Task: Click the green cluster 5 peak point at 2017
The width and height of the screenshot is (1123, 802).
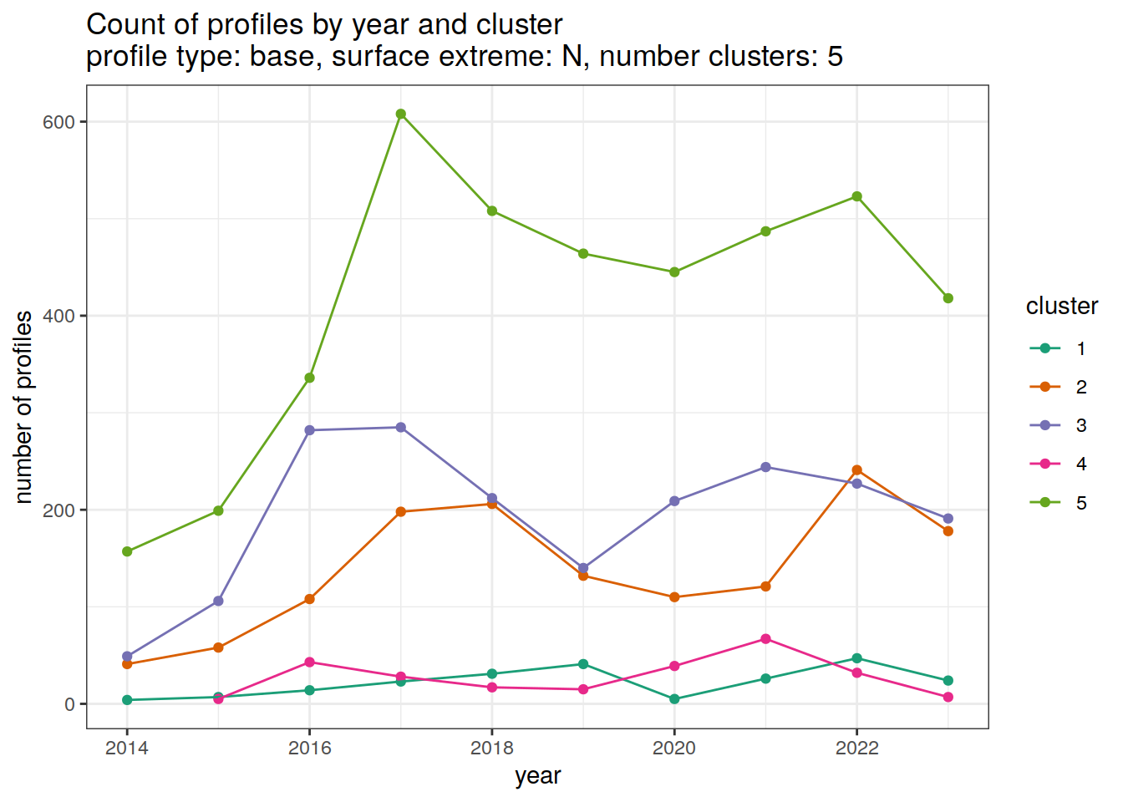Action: point(401,114)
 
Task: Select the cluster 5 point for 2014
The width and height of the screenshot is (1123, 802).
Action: point(127,551)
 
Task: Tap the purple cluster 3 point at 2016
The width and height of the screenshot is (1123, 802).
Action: point(310,430)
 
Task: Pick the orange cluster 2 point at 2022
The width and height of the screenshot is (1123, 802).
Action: point(856,470)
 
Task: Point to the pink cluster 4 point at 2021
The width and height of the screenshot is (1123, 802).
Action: point(765,639)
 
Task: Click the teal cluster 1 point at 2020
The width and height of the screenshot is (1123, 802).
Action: point(674,699)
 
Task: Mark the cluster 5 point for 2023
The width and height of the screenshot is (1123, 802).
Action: point(948,298)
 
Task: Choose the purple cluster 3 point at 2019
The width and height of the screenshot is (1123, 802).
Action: point(583,568)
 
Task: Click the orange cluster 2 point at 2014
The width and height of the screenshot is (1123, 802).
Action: point(127,664)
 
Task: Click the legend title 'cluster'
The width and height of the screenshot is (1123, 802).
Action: point(1061,307)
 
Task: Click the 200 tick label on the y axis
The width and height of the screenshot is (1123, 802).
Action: point(58,510)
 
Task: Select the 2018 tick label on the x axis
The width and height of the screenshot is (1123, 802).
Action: point(492,748)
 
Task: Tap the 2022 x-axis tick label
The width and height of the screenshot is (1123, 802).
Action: point(856,748)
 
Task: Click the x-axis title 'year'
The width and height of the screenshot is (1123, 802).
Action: point(537,776)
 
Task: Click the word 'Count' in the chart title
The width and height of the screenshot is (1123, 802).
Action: point(124,25)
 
